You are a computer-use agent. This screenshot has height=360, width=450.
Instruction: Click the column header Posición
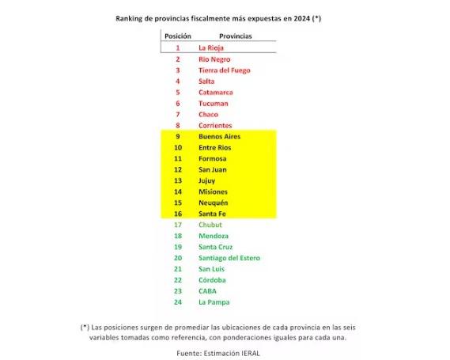point(177,36)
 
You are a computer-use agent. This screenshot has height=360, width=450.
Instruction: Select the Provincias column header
point(236,36)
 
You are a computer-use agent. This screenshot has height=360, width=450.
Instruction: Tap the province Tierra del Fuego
point(225,70)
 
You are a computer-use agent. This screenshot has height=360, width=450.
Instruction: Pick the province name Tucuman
point(214,104)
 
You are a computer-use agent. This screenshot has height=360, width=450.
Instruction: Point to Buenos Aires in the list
point(219,137)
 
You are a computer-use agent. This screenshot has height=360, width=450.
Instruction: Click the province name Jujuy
point(208,180)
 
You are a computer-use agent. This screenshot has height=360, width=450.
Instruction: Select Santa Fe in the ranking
point(212,214)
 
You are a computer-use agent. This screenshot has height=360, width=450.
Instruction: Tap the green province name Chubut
point(210,225)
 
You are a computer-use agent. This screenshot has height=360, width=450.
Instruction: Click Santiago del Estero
point(229,258)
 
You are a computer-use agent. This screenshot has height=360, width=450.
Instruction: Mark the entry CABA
point(208,291)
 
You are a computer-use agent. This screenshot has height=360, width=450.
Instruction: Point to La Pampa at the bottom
point(214,302)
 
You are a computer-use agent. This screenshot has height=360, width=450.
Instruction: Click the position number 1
point(178,48)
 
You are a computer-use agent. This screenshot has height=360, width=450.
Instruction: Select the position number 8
point(178,126)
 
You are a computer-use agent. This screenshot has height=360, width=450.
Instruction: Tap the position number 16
point(178,214)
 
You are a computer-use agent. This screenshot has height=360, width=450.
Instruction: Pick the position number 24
point(178,302)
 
